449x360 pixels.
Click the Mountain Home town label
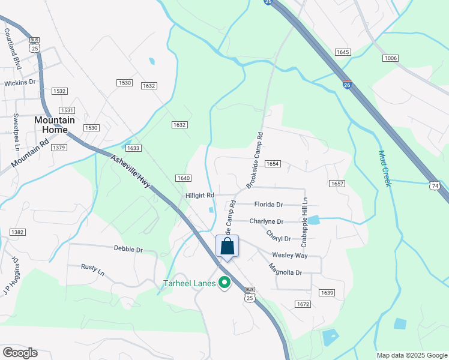click(x=55, y=124)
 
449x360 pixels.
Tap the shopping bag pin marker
click(x=228, y=247)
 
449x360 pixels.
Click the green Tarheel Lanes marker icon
click(x=225, y=282)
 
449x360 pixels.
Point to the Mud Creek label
click(x=385, y=168)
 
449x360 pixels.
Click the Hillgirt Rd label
click(x=200, y=196)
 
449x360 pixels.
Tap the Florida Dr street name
click(x=268, y=205)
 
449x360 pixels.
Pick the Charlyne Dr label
click(x=266, y=221)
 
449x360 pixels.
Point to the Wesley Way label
click(x=290, y=255)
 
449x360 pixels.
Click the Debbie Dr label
click(x=128, y=248)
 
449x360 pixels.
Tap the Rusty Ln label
click(x=94, y=270)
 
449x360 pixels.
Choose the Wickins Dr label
click(x=20, y=82)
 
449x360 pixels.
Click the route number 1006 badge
click(x=391, y=58)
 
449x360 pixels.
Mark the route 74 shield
click(x=433, y=187)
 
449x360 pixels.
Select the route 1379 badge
click(x=59, y=148)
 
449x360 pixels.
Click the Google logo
click(x=20, y=352)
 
